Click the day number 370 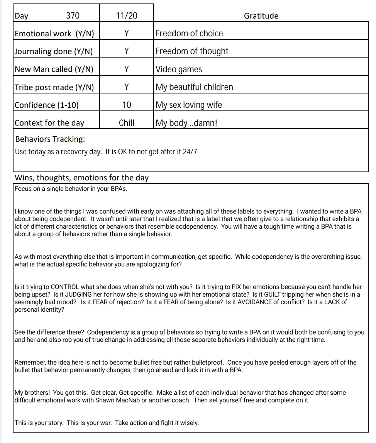pos(73,16)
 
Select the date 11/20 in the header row pos(127,16)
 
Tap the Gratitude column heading pos(261,16)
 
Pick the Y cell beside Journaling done pos(127,51)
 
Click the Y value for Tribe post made pos(127,87)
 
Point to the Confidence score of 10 pos(127,105)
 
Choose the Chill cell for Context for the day pos(127,123)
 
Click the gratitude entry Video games pos(179,70)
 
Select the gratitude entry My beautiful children pos(194,87)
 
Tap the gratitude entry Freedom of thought pos(192,51)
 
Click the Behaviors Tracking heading pos(50,139)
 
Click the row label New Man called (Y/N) pos(54,70)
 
